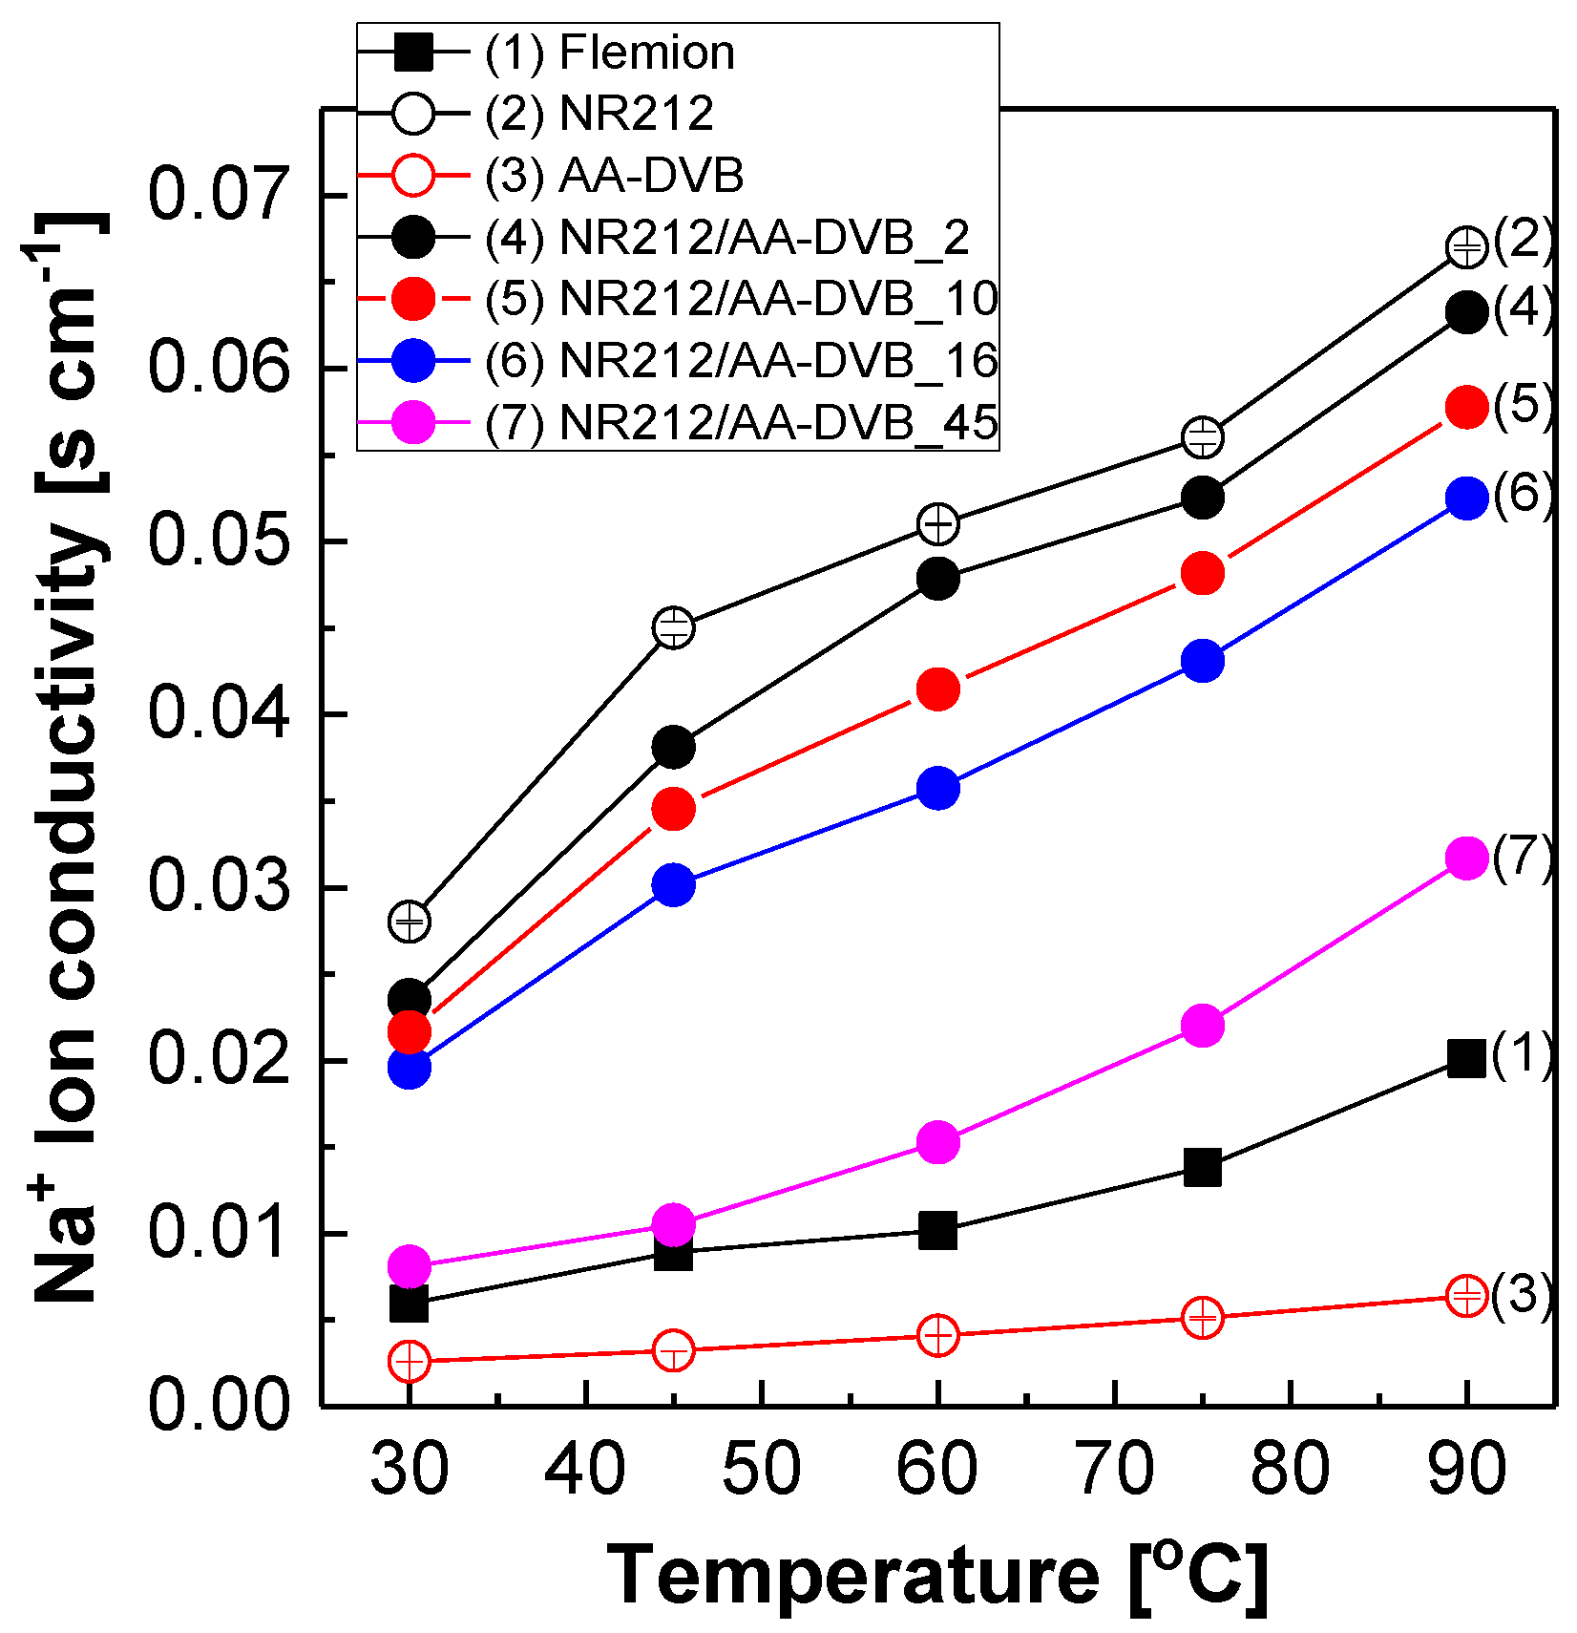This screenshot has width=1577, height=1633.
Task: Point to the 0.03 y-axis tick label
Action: tap(219, 887)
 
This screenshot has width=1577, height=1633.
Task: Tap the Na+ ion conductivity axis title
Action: tap(67, 759)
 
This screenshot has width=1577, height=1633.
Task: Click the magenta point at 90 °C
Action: tap(1467, 858)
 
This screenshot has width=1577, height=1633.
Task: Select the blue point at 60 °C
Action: tap(938, 788)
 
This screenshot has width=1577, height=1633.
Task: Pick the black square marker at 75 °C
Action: tap(1203, 1167)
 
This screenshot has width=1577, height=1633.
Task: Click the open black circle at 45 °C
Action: tap(674, 627)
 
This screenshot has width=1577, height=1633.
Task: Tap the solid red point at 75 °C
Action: tap(1203, 573)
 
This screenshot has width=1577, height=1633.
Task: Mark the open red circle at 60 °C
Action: tap(938, 1335)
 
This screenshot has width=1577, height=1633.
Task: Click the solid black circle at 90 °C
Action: tap(1467, 312)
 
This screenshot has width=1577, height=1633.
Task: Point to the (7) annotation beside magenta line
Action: tap(1523, 857)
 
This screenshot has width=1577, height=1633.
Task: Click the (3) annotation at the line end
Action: tap(1523, 1294)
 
